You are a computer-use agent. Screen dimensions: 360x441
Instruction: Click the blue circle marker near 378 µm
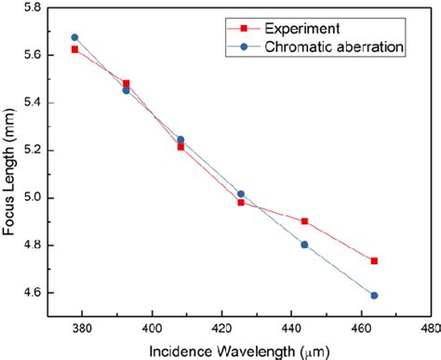[x=74, y=37]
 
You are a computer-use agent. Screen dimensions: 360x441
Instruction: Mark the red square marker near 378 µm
[x=74, y=49]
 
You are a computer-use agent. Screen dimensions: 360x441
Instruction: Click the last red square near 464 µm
[x=374, y=261]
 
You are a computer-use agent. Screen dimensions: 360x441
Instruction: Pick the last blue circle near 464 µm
[x=374, y=296]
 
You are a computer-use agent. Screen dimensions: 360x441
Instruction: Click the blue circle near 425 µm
[x=241, y=193]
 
